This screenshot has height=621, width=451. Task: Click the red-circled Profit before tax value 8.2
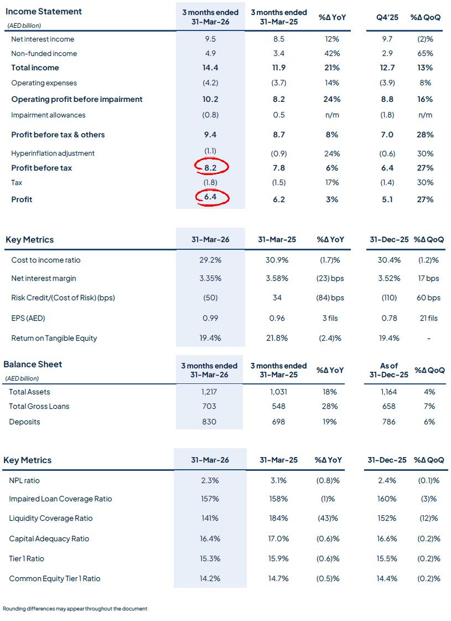coord(210,167)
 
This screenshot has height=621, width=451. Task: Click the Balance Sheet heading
coord(33,364)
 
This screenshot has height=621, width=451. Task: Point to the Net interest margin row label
coord(44,279)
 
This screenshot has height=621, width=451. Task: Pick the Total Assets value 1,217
coord(209,392)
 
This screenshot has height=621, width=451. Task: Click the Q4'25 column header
coord(387,17)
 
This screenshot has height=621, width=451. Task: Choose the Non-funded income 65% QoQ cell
coord(426,54)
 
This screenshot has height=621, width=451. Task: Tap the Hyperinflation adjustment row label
coord(53,153)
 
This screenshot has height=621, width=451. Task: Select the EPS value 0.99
coord(209,319)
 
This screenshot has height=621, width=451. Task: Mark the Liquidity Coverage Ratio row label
coord(51,519)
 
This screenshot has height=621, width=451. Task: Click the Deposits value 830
coord(209,422)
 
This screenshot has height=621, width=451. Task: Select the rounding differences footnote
coord(75,609)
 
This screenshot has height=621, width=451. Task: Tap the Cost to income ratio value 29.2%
coord(209,260)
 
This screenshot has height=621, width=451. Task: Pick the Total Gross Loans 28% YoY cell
coord(329,406)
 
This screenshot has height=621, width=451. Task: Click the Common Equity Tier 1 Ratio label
coord(55,578)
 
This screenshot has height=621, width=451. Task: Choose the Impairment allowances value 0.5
coord(279,115)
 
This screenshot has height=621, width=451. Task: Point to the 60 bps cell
coord(428,297)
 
